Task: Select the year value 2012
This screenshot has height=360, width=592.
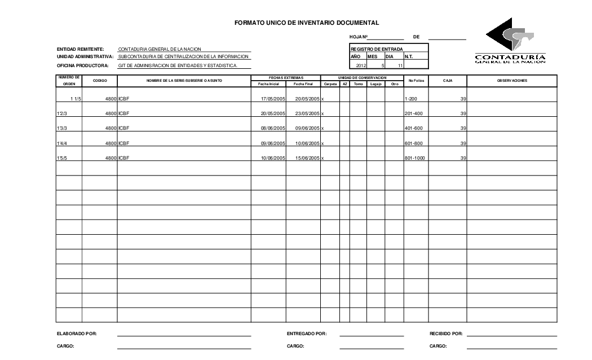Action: click(x=361, y=65)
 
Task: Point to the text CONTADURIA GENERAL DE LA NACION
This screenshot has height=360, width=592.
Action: click(x=160, y=50)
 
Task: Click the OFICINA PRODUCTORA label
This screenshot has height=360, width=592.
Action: click(x=82, y=65)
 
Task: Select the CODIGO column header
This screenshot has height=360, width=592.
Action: click(x=99, y=81)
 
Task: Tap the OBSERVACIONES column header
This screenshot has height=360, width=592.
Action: click(x=512, y=81)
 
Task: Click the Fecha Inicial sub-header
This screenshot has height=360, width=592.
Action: click(x=268, y=84)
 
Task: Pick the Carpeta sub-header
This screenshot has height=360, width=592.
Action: click(x=330, y=84)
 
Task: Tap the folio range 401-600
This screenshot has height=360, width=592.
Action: click(x=413, y=128)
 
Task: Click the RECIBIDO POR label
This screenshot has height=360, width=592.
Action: click(x=446, y=334)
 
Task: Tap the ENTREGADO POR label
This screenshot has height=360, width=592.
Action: click(x=307, y=334)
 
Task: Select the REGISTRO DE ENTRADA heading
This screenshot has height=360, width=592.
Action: click(x=377, y=49)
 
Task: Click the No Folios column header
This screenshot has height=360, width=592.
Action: click(x=416, y=81)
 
